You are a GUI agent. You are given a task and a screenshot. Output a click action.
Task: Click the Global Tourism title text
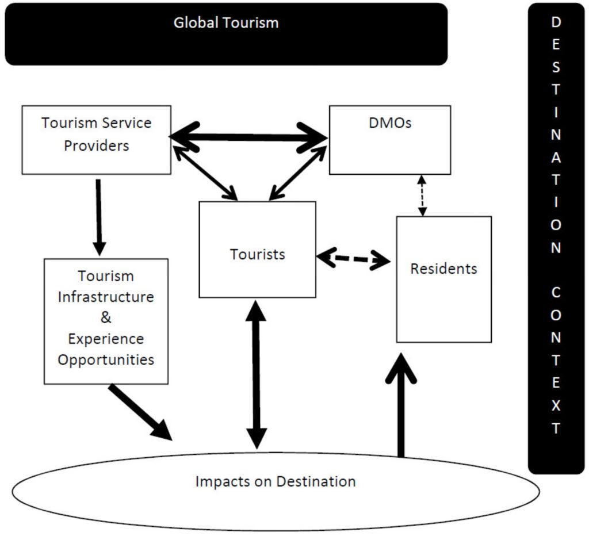[x=226, y=23]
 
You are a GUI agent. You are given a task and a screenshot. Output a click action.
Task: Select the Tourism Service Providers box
[x=96, y=140]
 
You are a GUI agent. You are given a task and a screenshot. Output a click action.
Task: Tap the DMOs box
[x=389, y=140]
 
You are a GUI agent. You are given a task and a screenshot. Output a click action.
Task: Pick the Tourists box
[x=257, y=250]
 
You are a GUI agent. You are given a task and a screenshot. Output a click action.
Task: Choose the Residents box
[x=443, y=279]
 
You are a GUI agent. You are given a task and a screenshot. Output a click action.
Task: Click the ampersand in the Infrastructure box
[x=106, y=317]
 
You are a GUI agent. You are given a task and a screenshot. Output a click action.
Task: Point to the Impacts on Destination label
[x=276, y=481]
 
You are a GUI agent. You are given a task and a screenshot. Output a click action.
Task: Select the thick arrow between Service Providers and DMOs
[x=248, y=137]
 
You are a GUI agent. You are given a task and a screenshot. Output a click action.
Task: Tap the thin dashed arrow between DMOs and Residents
[x=423, y=196]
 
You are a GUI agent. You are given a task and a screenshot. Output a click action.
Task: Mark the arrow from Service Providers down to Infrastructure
[x=99, y=216]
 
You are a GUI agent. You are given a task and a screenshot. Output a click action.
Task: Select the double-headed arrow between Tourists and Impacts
[x=256, y=374]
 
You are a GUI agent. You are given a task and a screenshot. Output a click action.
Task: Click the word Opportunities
[x=106, y=359]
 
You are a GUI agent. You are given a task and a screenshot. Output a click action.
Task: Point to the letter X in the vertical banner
[x=556, y=405]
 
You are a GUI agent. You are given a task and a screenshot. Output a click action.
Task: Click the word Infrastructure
[x=106, y=297]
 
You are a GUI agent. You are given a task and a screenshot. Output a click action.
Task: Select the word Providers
[x=96, y=146]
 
